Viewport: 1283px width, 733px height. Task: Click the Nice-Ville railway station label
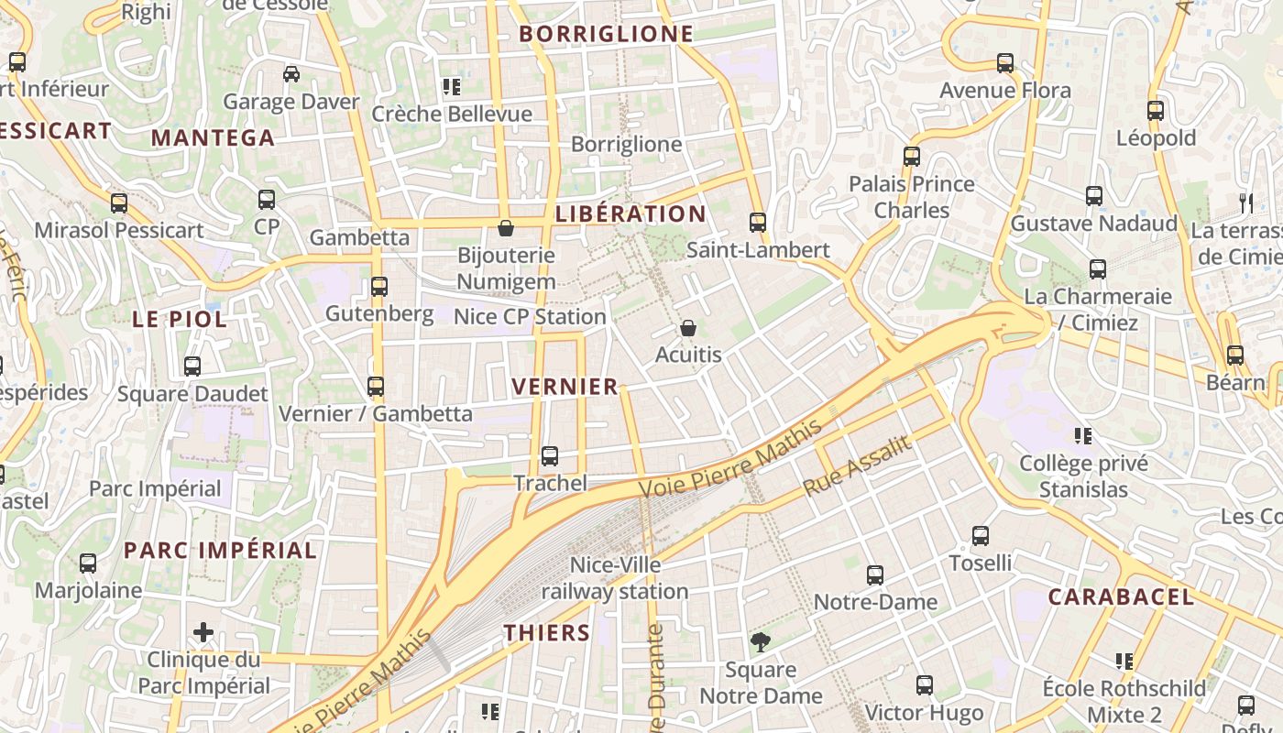[614, 578]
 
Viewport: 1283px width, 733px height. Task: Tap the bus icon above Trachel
[550, 455]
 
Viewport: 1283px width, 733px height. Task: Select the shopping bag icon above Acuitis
[688, 328]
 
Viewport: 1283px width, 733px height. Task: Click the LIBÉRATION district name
[631, 214]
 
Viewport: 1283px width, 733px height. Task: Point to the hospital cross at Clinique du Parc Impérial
[203, 632]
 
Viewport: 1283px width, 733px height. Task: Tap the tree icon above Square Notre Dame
[760, 641]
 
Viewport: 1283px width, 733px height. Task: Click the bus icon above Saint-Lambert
[758, 222]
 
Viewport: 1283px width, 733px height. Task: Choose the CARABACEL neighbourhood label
[1121, 597]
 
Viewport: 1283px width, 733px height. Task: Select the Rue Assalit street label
[858, 466]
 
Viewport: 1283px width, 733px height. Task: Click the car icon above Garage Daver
[291, 74]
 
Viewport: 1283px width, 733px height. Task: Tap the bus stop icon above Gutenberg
[379, 286]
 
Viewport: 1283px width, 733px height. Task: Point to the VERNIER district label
[565, 387]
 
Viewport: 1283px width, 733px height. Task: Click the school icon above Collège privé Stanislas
[1083, 435]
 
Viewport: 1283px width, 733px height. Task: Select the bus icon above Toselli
[981, 535]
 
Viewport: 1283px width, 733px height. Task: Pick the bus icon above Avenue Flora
[1005, 63]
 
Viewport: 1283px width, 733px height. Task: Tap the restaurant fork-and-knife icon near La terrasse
[1245, 202]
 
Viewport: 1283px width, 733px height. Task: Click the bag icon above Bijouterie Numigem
[506, 227]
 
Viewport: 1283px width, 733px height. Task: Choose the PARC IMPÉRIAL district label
[220, 551]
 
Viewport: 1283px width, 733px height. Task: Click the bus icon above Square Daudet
[192, 366]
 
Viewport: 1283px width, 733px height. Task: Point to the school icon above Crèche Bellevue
[451, 87]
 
